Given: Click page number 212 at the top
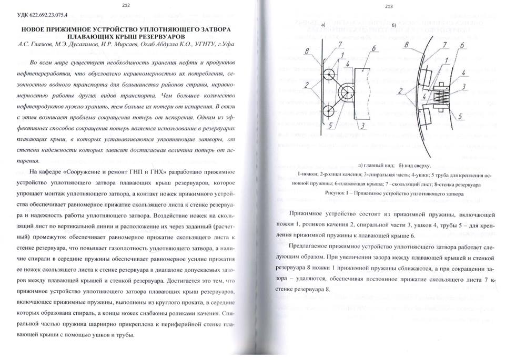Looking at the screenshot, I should (125, 6).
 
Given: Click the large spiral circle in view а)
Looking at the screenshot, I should (347, 93).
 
